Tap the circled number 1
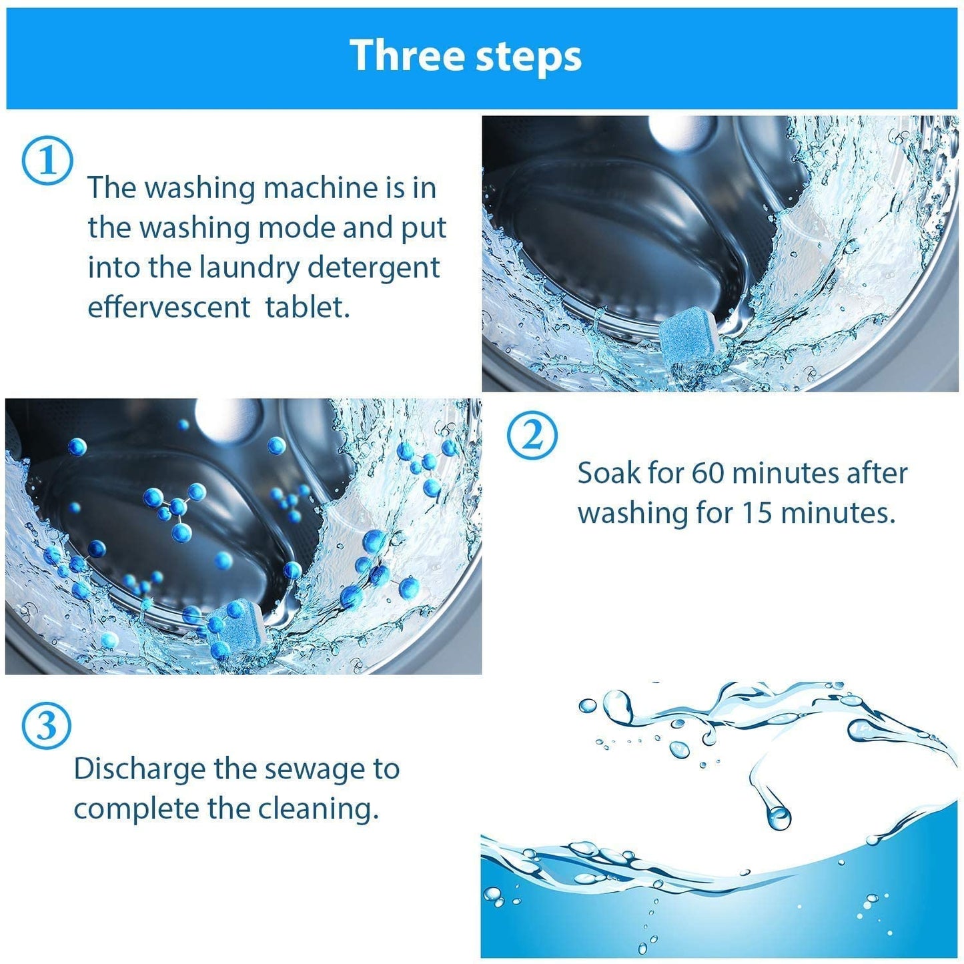click(47, 161)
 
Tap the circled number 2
click(532, 436)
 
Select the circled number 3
click(46, 726)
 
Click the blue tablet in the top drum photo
click(686, 336)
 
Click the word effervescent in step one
click(169, 308)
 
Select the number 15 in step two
click(757, 513)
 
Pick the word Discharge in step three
click(139, 769)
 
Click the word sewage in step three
click(319, 769)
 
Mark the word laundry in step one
click(250, 268)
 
